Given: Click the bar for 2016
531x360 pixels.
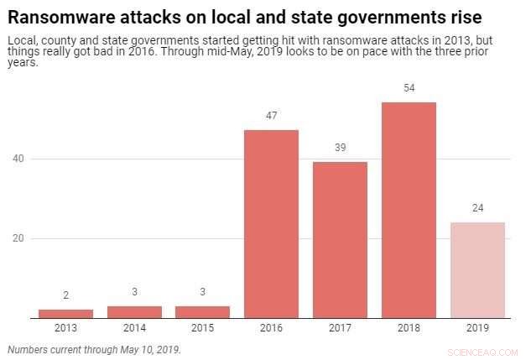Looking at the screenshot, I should (x=271, y=224).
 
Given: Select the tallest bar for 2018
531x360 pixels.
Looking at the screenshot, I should (x=409, y=210).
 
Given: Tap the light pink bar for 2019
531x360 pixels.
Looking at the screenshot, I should (x=477, y=269).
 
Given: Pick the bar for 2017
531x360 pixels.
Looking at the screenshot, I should (x=340, y=240).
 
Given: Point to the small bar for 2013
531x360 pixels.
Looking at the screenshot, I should (x=65, y=314).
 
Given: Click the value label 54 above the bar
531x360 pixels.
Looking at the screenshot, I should (x=409, y=88).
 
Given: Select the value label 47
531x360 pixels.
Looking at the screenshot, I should (x=271, y=116).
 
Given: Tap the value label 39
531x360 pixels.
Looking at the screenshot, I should (x=340, y=148).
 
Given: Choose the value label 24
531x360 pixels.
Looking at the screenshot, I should (x=477, y=208).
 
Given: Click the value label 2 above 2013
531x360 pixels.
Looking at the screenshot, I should (x=65, y=295).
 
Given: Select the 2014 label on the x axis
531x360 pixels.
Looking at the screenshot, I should (x=134, y=328).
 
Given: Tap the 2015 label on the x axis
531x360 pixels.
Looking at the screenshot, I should (x=202, y=328).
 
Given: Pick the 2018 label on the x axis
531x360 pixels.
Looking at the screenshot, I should (x=409, y=328).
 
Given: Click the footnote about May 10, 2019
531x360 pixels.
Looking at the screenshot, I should (x=93, y=348).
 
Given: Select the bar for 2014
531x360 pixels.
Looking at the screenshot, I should (x=134, y=312).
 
